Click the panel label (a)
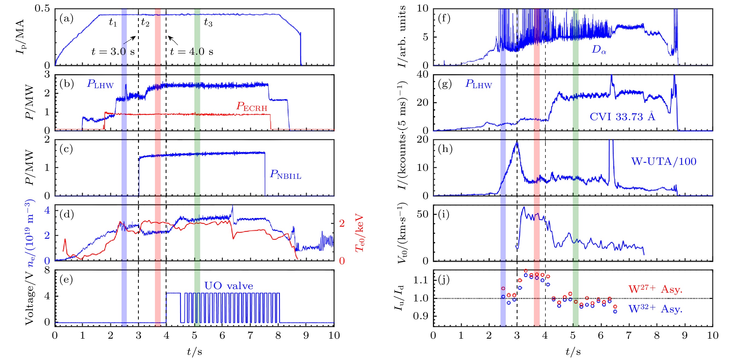[67, 19]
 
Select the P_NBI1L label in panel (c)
[285, 174]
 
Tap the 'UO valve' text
[229, 286]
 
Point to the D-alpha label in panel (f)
[599, 50]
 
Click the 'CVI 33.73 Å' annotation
[622, 116]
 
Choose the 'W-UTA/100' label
[663, 161]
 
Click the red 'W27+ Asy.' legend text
[655, 289]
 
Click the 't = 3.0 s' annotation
[113, 51]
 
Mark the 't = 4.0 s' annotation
[191, 51]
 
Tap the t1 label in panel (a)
[113, 22]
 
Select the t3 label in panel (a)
[208, 22]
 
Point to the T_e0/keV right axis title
[360, 232]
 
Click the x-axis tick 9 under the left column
[306, 336]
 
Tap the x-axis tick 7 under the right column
[629, 336]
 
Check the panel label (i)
[444, 214]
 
